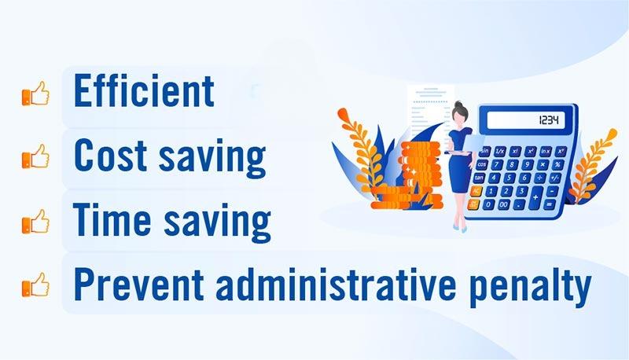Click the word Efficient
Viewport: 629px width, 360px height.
[x=144, y=90]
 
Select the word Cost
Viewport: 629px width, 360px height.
[x=110, y=155]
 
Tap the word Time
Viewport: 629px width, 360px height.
[x=112, y=219]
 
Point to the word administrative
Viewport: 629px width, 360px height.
[x=336, y=284]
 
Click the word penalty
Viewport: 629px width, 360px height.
[x=530, y=287]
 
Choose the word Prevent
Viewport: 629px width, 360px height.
[x=139, y=284]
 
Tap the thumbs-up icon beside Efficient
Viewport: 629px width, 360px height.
[x=35, y=94]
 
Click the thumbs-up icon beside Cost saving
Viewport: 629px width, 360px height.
[x=35, y=156]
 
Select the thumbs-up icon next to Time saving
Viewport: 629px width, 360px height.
[x=35, y=222]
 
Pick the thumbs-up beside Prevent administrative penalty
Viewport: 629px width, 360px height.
[x=35, y=285]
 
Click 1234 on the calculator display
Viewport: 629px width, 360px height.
[x=548, y=119]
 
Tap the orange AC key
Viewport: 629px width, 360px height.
[x=476, y=191]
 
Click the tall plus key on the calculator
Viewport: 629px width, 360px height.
[x=535, y=197]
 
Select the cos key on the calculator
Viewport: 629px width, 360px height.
[x=482, y=164]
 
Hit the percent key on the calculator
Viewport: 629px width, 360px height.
[x=557, y=165]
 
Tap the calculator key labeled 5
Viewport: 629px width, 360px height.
[x=509, y=178]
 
